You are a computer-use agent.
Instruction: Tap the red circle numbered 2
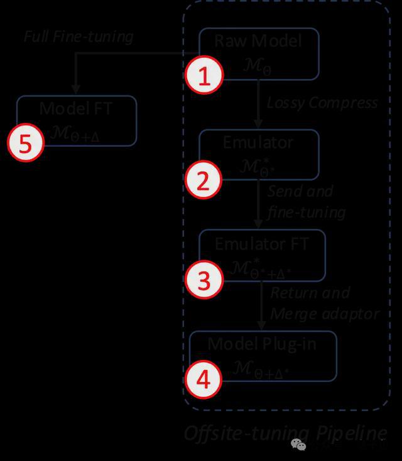pos(204,180)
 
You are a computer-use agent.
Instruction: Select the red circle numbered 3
pos(204,280)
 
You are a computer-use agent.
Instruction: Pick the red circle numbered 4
pos(204,381)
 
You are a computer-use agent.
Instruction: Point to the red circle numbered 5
pos(25,144)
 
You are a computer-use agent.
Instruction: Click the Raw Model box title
pos(258,41)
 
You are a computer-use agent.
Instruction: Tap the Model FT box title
pos(76,108)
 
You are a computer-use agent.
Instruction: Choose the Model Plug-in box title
pos(262,344)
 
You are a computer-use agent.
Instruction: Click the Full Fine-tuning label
pos(79,36)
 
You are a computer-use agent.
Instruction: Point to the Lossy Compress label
pos(322,102)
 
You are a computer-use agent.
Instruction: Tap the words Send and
pos(300,191)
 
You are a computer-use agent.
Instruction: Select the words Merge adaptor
pos(325,314)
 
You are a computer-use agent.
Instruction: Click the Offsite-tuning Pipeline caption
pos(285,433)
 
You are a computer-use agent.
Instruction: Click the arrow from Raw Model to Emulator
pos(259,103)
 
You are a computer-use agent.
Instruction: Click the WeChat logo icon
pos(298,445)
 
